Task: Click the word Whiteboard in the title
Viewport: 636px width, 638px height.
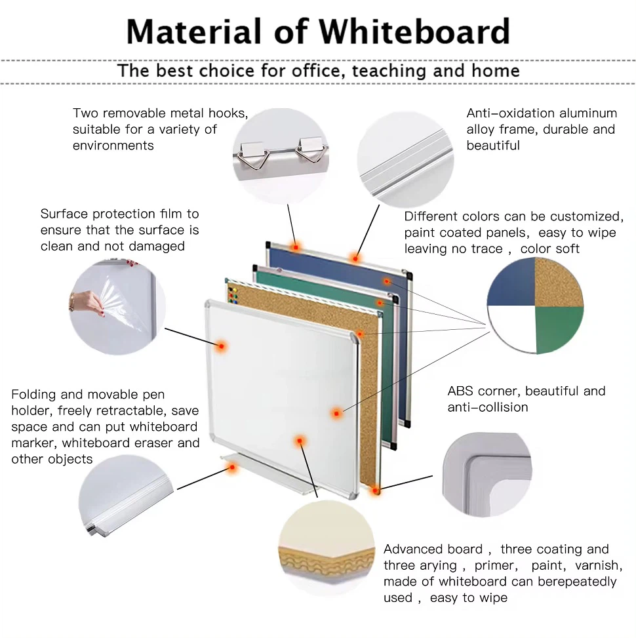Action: click(x=414, y=31)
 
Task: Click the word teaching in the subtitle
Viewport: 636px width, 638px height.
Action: click(x=389, y=70)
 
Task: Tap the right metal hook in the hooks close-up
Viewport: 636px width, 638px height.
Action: click(x=311, y=150)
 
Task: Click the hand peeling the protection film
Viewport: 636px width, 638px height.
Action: click(x=87, y=303)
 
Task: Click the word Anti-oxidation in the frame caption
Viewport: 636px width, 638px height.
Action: click(x=510, y=113)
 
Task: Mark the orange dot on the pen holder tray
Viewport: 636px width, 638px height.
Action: click(x=232, y=468)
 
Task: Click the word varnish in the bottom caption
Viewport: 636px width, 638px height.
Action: click(x=599, y=565)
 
